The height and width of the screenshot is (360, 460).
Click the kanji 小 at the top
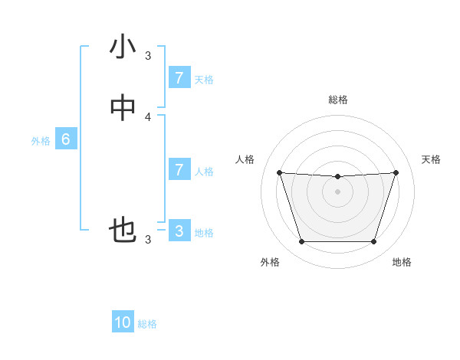[123, 47]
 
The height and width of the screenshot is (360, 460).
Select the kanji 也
[123, 231]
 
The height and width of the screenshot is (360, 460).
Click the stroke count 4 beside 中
[149, 117]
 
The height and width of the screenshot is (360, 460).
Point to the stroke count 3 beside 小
[149, 56]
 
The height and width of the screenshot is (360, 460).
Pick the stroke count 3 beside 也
[149, 240]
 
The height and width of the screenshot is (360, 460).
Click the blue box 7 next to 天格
[179, 78]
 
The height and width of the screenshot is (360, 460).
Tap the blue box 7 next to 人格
[179, 170]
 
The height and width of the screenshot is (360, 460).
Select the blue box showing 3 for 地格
[179, 231]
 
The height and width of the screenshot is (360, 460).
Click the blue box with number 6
[66, 139]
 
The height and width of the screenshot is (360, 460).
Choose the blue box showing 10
[123, 322]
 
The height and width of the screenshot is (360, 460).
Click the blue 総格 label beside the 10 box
[147, 324]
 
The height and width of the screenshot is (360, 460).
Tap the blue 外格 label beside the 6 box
[41, 141]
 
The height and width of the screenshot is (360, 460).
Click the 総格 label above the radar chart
[338, 100]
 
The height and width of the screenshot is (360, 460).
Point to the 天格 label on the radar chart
[431, 159]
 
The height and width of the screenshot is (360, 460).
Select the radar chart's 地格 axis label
[402, 262]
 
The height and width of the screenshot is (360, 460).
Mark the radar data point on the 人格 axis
[279, 172]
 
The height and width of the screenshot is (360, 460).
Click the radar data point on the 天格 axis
[396, 172]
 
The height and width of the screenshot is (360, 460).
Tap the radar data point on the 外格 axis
[301, 242]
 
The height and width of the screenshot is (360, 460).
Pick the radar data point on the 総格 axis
[338, 177]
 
